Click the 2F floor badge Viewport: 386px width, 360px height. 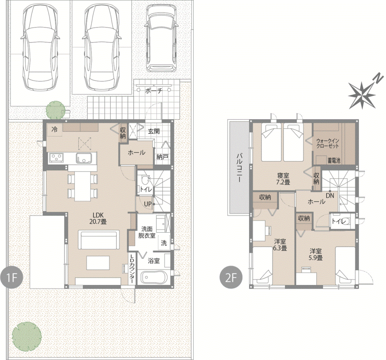pyautogui.click(x=231, y=278)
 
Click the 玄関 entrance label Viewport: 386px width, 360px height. pyautogui.click(x=154, y=131)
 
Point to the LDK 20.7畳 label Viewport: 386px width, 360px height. pyautogui.click(x=98, y=217)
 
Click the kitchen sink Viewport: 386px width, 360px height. pyautogui.click(x=84, y=157)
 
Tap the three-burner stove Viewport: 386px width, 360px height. pyautogui.click(x=56, y=157)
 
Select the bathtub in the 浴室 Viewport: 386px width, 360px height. pyautogui.click(x=154, y=277)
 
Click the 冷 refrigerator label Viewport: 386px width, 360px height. pyautogui.click(x=54, y=129)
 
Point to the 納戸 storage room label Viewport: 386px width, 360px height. pyautogui.click(x=162, y=157)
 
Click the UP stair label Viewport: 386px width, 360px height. pyautogui.click(x=147, y=204)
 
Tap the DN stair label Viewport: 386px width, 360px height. pyautogui.click(x=330, y=196)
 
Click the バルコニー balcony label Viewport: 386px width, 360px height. pyautogui.click(x=239, y=168)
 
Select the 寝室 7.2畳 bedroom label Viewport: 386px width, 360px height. pyautogui.click(x=283, y=179)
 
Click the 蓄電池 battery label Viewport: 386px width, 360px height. pyautogui.click(x=334, y=161)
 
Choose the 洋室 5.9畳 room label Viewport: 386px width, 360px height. pyautogui.click(x=316, y=255)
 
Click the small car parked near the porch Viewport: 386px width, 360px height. pyautogui.click(x=161, y=38)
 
